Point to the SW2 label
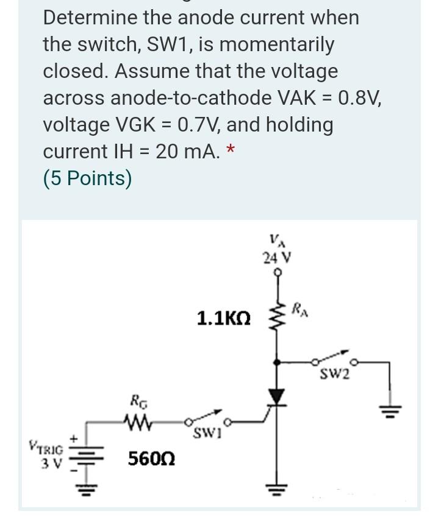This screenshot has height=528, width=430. point(335,373)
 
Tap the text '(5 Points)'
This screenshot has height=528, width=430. point(87,178)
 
